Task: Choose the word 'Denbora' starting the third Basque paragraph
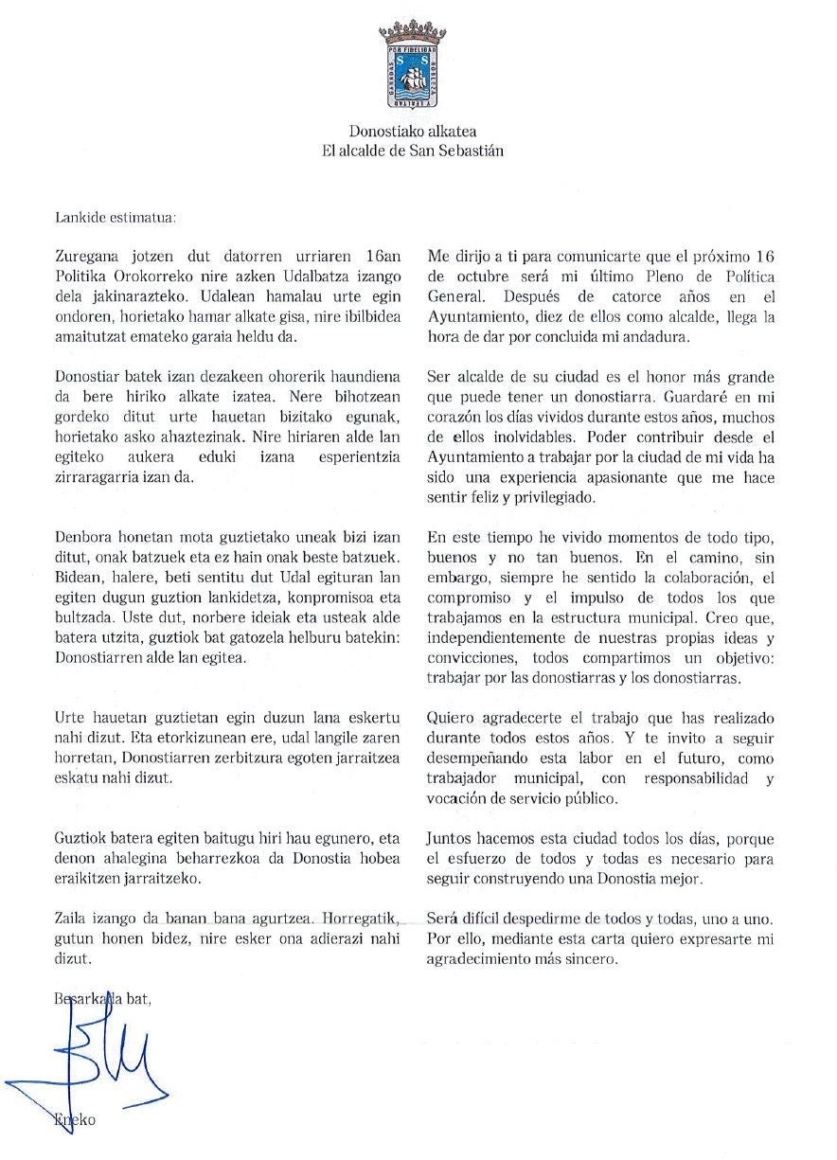[85, 537]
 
